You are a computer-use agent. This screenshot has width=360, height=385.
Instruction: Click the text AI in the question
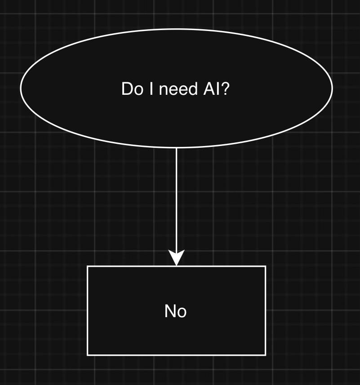pyautogui.click(x=211, y=89)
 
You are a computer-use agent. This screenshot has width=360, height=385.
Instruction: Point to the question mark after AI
pyautogui.click(x=226, y=89)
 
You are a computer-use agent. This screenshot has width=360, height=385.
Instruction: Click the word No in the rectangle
pyautogui.click(x=176, y=311)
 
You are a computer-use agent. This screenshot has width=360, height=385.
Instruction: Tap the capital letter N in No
pyautogui.click(x=170, y=311)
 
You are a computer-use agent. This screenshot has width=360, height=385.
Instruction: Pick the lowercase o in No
pyautogui.click(x=182, y=312)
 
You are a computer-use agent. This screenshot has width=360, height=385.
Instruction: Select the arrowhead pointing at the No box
pyautogui.click(x=176, y=258)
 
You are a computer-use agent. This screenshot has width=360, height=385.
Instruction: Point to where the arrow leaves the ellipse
pyautogui.click(x=176, y=148)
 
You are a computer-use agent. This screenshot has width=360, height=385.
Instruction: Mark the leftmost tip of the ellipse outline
pyautogui.click(x=21, y=88)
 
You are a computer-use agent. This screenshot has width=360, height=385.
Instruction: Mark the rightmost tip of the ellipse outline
pyautogui.click(x=332, y=88)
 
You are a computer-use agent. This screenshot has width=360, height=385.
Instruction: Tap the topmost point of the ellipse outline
pyautogui.click(x=176, y=29)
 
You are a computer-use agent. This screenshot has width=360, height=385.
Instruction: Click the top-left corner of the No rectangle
pyautogui.click(x=87, y=266)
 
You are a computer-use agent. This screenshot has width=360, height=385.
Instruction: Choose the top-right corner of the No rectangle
pyautogui.click(x=266, y=266)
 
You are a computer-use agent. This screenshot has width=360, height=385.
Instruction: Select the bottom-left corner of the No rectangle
pyautogui.click(x=87, y=355)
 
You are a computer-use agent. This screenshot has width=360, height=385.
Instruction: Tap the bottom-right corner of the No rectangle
pyautogui.click(x=266, y=355)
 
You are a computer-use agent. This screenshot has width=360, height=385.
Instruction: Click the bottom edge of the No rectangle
pyautogui.click(x=176, y=355)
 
